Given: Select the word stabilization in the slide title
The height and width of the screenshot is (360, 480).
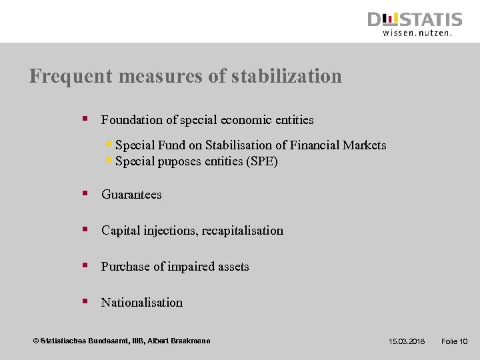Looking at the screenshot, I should coord(287,77).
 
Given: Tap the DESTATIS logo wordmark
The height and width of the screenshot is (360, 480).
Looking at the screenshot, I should coord(415,19).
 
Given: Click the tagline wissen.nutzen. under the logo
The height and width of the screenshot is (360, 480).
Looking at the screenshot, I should coord(417,32).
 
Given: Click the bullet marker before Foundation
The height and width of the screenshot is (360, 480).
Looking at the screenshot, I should coord(85,119).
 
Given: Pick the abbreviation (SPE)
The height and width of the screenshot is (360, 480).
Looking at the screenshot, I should coord(261,161).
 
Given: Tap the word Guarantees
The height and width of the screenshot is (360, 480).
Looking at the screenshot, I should coord(131,195).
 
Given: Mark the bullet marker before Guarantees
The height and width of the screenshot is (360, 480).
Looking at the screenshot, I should coord(85,194).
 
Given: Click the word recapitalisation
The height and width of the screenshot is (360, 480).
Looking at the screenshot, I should coord(242,231).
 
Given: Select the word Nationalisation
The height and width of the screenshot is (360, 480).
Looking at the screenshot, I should coord(141,303).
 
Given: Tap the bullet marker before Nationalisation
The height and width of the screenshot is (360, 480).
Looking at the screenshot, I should coord(85,302).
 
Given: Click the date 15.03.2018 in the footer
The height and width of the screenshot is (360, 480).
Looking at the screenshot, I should coord(407,341).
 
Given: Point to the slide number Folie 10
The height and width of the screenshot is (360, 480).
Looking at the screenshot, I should coord(455,341).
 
